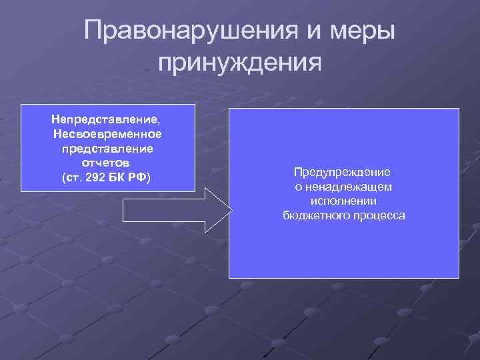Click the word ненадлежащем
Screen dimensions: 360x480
click(349, 187)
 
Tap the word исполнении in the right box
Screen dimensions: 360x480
click(343, 201)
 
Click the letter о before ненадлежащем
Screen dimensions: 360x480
click(299, 187)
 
